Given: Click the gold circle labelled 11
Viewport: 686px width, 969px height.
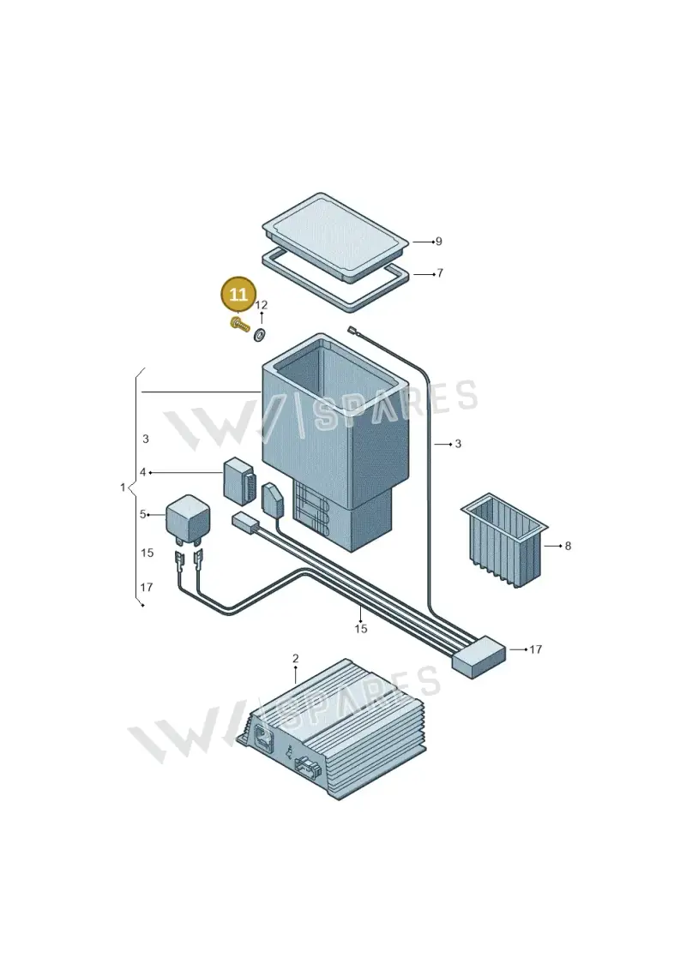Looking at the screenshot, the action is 238,294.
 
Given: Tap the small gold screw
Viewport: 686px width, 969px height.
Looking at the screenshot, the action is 238,324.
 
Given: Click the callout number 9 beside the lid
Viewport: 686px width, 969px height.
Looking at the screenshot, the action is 438,242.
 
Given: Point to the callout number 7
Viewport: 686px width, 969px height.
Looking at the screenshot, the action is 440,272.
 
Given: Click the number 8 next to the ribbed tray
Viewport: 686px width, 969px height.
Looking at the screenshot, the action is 568,547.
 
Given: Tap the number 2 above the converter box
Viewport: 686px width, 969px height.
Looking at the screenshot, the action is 296,658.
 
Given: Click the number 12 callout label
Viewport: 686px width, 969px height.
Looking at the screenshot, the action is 261,305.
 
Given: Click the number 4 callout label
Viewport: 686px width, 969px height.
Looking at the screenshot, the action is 143,472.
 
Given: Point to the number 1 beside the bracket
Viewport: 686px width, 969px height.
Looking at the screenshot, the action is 123,487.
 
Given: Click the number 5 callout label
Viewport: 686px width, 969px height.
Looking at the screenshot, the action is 143,514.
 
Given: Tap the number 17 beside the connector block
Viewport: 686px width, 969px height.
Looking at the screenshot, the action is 536,649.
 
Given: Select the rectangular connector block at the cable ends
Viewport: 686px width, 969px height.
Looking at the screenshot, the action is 479,657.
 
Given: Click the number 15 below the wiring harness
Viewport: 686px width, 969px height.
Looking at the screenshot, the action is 361,629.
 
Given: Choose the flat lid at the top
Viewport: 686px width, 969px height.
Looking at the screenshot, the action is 335,236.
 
